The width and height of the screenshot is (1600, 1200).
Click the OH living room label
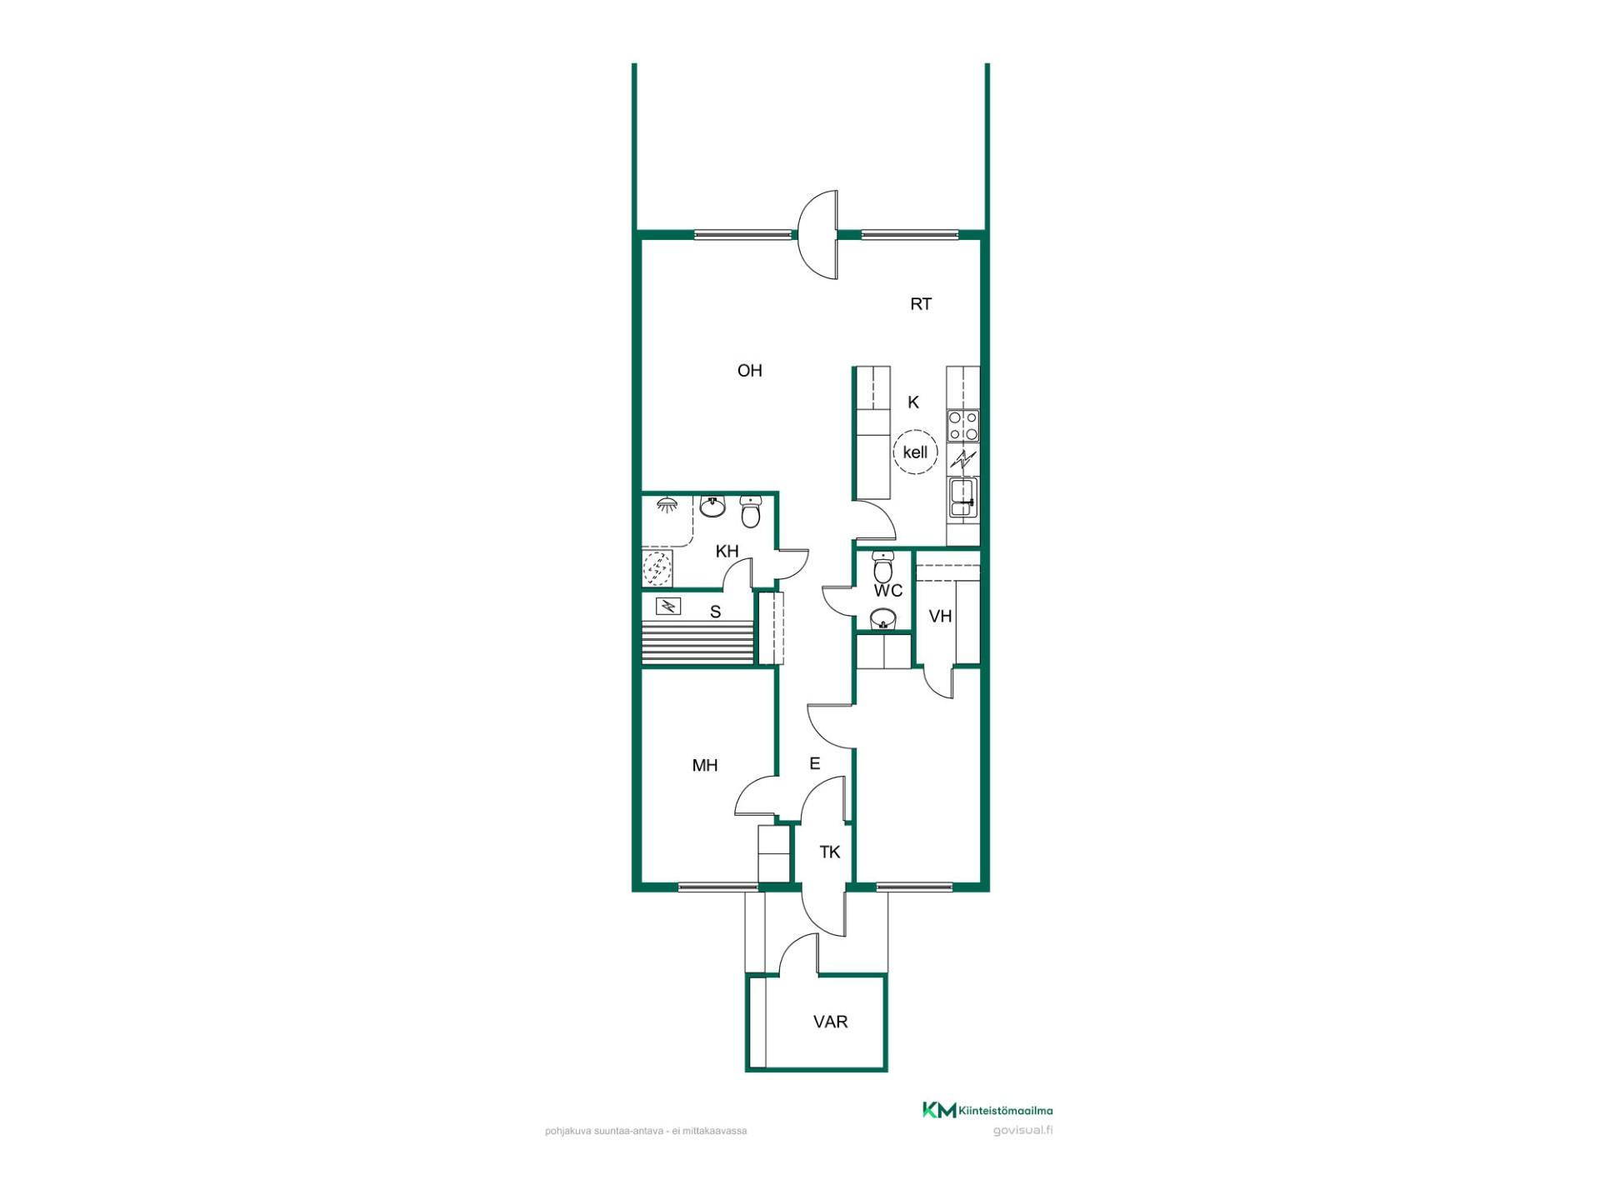(749, 371)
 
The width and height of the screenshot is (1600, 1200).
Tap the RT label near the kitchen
(920, 304)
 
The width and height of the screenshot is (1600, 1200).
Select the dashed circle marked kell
(915, 452)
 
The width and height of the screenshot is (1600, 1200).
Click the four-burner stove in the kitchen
(962, 426)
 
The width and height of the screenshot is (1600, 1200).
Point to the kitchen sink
(962, 498)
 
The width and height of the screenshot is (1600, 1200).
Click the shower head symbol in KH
(667, 503)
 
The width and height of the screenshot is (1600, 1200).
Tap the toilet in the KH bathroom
(751, 512)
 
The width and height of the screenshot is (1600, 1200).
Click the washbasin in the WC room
(882, 618)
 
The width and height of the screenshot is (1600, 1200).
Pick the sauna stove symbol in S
(667, 606)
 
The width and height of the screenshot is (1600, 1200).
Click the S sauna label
(715, 612)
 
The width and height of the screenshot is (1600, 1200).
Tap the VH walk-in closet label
(940, 617)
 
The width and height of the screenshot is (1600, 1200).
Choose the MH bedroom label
(705, 765)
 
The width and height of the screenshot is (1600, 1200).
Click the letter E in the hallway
(815, 763)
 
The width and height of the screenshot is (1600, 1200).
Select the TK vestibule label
(829, 852)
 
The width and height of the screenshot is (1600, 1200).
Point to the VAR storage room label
(830, 1022)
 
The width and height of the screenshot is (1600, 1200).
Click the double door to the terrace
(817, 235)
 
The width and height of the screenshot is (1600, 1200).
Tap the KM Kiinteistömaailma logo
(987, 1110)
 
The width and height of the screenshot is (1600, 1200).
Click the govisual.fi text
(1022, 1131)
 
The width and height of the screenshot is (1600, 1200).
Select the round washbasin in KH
(712, 506)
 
